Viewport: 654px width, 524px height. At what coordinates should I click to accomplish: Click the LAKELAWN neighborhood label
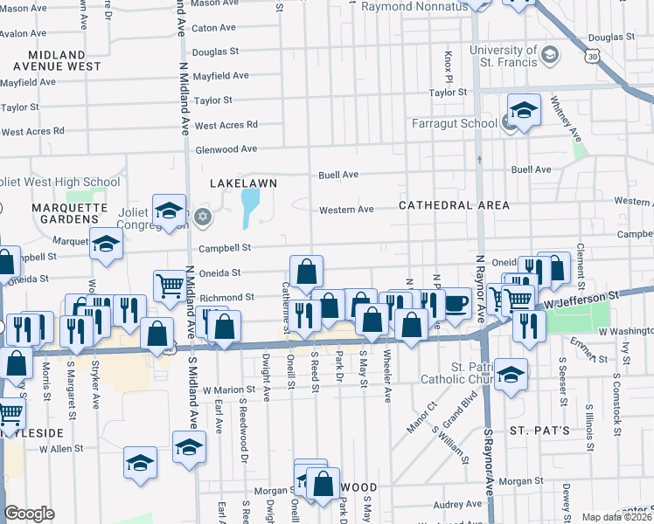244,183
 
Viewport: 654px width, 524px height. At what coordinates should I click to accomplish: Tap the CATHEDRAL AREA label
454,205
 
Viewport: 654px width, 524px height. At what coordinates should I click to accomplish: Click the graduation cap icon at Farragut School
523,111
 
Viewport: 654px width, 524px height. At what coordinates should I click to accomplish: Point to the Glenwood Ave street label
226,149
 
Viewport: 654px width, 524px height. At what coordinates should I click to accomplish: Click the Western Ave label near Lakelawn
346,210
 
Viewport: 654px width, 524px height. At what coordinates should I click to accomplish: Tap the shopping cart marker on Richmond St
169,284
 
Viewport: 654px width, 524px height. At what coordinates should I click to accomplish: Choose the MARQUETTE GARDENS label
69,214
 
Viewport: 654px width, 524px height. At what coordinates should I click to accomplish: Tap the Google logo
29,514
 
